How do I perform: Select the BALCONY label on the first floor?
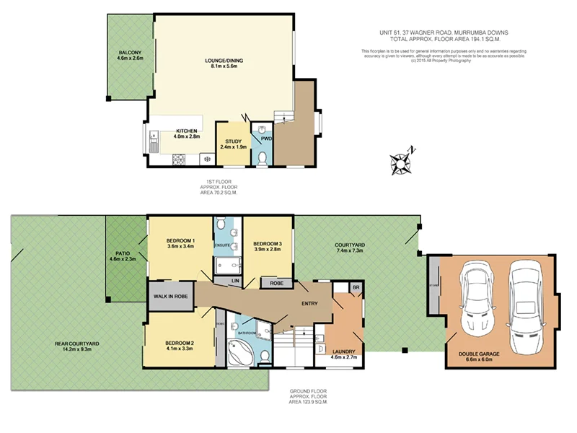(x=130, y=53)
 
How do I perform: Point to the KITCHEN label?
(x=186, y=131)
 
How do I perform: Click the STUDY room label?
(x=233, y=141)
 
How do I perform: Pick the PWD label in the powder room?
(x=265, y=138)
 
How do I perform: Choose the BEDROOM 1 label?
(x=180, y=240)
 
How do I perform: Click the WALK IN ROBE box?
(x=170, y=297)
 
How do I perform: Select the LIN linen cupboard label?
(x=235, y=279)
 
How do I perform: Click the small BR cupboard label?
(x=356, y=287)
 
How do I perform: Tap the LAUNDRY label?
(x=343, y=352)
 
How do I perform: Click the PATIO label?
(x=122, y=253)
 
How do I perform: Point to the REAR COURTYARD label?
(x=76, y=343)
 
